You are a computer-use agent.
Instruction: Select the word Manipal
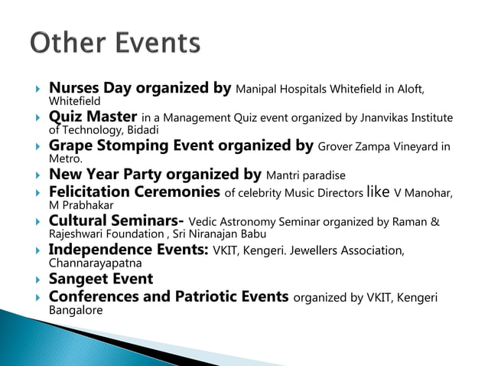coord(259,90)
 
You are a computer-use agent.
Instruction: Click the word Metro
coord(64,158)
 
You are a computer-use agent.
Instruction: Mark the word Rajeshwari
coord(78,234)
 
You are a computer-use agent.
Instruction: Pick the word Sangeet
coord(79,279)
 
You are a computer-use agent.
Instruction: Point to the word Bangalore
coord(75,310)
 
